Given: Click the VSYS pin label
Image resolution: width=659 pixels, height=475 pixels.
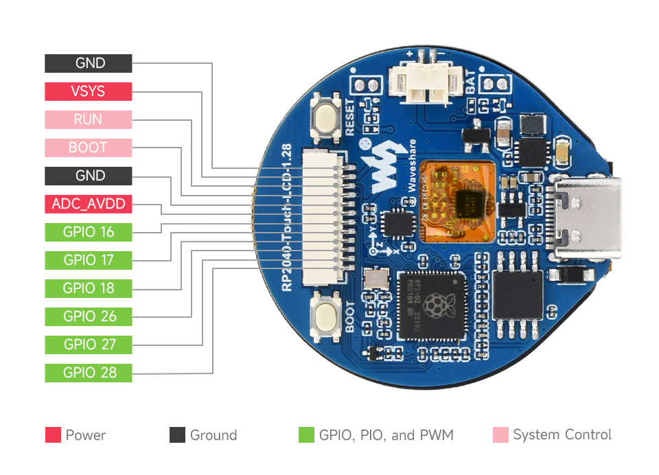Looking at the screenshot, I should [x=89, y=91].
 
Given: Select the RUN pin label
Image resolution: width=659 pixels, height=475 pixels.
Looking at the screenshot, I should [x=89, y=119].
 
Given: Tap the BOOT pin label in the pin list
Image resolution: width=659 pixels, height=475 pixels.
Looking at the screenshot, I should [x=89, y=148].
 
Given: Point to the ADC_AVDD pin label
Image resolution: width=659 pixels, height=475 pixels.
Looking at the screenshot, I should [x=89, y=204].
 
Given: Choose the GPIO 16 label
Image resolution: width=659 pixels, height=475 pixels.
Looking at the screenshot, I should [x=89, y=232].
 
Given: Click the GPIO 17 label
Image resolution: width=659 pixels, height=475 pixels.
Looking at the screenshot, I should [x=89, y=260].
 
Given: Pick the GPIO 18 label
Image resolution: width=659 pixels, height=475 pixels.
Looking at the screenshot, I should [x=89, y=288].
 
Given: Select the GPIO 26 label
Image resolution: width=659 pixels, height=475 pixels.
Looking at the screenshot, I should [x=89, y=316].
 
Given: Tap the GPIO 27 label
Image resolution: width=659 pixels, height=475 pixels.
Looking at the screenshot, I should [x=89, y=345].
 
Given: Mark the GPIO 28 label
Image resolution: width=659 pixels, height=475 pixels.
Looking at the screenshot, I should [x=89, y=373].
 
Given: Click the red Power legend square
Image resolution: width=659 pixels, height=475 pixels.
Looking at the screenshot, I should [x=53, y=435].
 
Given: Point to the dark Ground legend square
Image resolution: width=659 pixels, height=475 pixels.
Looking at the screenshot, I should [x=177, y=435].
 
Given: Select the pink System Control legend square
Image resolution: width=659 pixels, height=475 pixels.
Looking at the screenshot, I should [x=501, y=435].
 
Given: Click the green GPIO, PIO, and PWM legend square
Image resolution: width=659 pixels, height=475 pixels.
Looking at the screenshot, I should [x=306, y=435].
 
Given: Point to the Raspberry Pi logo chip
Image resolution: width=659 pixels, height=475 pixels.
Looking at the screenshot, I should [x=430, y=306].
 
